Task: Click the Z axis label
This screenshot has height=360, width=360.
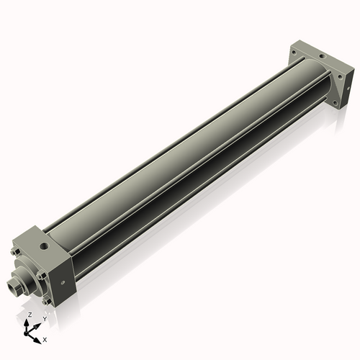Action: coord(29,315)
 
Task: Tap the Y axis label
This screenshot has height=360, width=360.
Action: coord(45,318)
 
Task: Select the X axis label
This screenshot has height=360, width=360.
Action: coord(45,338)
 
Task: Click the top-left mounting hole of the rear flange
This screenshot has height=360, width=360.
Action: coord(294,50)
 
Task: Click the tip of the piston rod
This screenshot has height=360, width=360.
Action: coord(12,289)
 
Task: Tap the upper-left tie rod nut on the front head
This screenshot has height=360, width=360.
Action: coord(15,252)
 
